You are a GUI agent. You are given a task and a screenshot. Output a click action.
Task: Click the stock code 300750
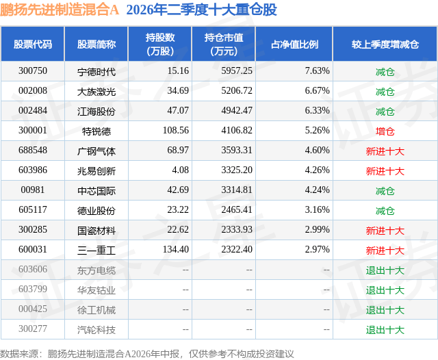click(x=33, y=71)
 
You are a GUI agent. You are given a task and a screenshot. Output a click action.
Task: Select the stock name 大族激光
click(x=96, y=91)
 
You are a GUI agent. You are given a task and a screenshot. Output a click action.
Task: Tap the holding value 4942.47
click(x=237, y=111)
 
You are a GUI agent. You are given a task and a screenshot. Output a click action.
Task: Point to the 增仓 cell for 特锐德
click(x=385, y=131)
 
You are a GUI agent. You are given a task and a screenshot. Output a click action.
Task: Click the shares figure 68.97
click(x=178, y=151)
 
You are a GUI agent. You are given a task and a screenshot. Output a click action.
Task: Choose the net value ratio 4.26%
click(x=317, y=170)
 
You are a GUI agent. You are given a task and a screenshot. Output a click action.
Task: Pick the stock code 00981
click(x=33, y=190)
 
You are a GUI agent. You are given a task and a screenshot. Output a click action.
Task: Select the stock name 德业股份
click(x=96, y=211)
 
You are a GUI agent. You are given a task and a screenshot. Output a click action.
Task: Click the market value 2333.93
click(x=237, y=229)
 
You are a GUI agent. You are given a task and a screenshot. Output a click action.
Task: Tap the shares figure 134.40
click(x=176, y=249)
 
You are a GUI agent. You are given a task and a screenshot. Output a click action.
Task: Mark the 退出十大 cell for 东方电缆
click(x=385, y=270)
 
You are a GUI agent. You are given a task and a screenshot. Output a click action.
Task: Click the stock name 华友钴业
click(x=96, y=290)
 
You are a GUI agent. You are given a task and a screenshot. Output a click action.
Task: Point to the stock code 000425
click(x=33, y=309)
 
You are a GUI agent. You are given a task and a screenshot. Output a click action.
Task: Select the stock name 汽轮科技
click(x=96, y=330)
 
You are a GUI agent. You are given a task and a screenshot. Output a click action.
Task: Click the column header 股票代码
click(x=33, y=44)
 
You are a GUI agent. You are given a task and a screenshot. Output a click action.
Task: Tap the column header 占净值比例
click(x=294, y=44)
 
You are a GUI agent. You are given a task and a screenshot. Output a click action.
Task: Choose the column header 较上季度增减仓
click(x=385, y=44)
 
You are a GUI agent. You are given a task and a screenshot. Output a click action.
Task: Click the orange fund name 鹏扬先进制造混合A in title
click(x=60, y=10)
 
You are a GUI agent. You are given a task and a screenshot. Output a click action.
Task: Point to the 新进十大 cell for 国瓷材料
click(x=385, y=231)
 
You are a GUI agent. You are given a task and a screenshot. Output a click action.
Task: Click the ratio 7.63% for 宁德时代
click(x=317, y=71)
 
